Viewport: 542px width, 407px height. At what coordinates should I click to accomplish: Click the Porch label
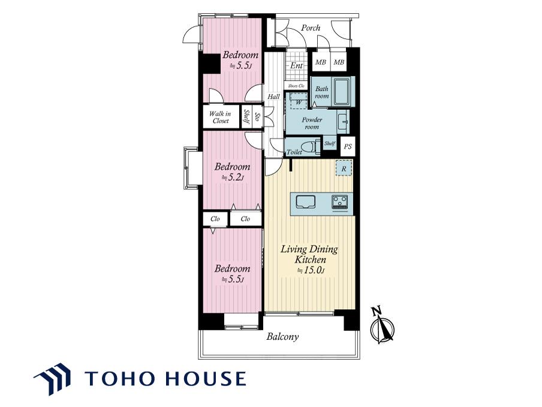click(x=311, y=28)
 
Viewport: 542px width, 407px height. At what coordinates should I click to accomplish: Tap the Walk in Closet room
click(x=221, y=117)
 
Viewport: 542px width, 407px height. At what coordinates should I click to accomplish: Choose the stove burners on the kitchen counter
click(x=341, y=202)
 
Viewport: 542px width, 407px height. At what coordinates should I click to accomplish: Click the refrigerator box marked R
click(x=344, y=169)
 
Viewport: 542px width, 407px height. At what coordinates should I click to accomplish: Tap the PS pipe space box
click(x=348, y=146)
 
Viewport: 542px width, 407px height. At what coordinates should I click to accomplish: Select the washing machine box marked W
click(x=299, y=101)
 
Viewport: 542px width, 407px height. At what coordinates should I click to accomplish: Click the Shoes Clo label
click(x=296, y=85)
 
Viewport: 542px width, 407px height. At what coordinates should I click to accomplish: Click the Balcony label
click(x=282, y=337)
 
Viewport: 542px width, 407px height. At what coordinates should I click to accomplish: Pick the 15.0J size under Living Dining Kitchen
click(x=311, y=271)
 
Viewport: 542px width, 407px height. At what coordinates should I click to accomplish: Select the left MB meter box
click(x=320, y=62)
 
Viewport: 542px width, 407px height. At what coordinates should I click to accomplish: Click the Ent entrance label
click(x=296, y=65)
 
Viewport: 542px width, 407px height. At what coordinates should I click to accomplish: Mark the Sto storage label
click(x=257, y=116)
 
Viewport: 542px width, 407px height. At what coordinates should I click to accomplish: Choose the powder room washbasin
click(x=342, y=121)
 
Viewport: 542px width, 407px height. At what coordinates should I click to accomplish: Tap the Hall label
click(x=273, y=97)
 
